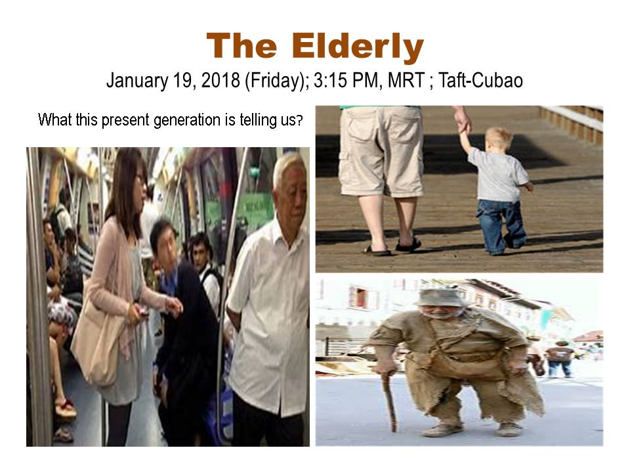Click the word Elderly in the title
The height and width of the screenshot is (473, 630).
coord(358,47)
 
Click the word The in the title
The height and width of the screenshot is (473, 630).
coord(242,45)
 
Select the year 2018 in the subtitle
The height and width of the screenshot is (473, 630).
coord(220,80)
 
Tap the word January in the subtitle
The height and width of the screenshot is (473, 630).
coord(137,81)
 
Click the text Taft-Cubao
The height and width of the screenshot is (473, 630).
coord(480,80)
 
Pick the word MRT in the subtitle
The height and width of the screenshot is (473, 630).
coord(406,80)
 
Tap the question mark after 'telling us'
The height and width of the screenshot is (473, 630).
coord(299,120)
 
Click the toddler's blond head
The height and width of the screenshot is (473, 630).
coord(498,139)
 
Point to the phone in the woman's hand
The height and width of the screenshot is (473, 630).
coord(142,310)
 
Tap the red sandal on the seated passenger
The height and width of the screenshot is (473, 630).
coord(66,409)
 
